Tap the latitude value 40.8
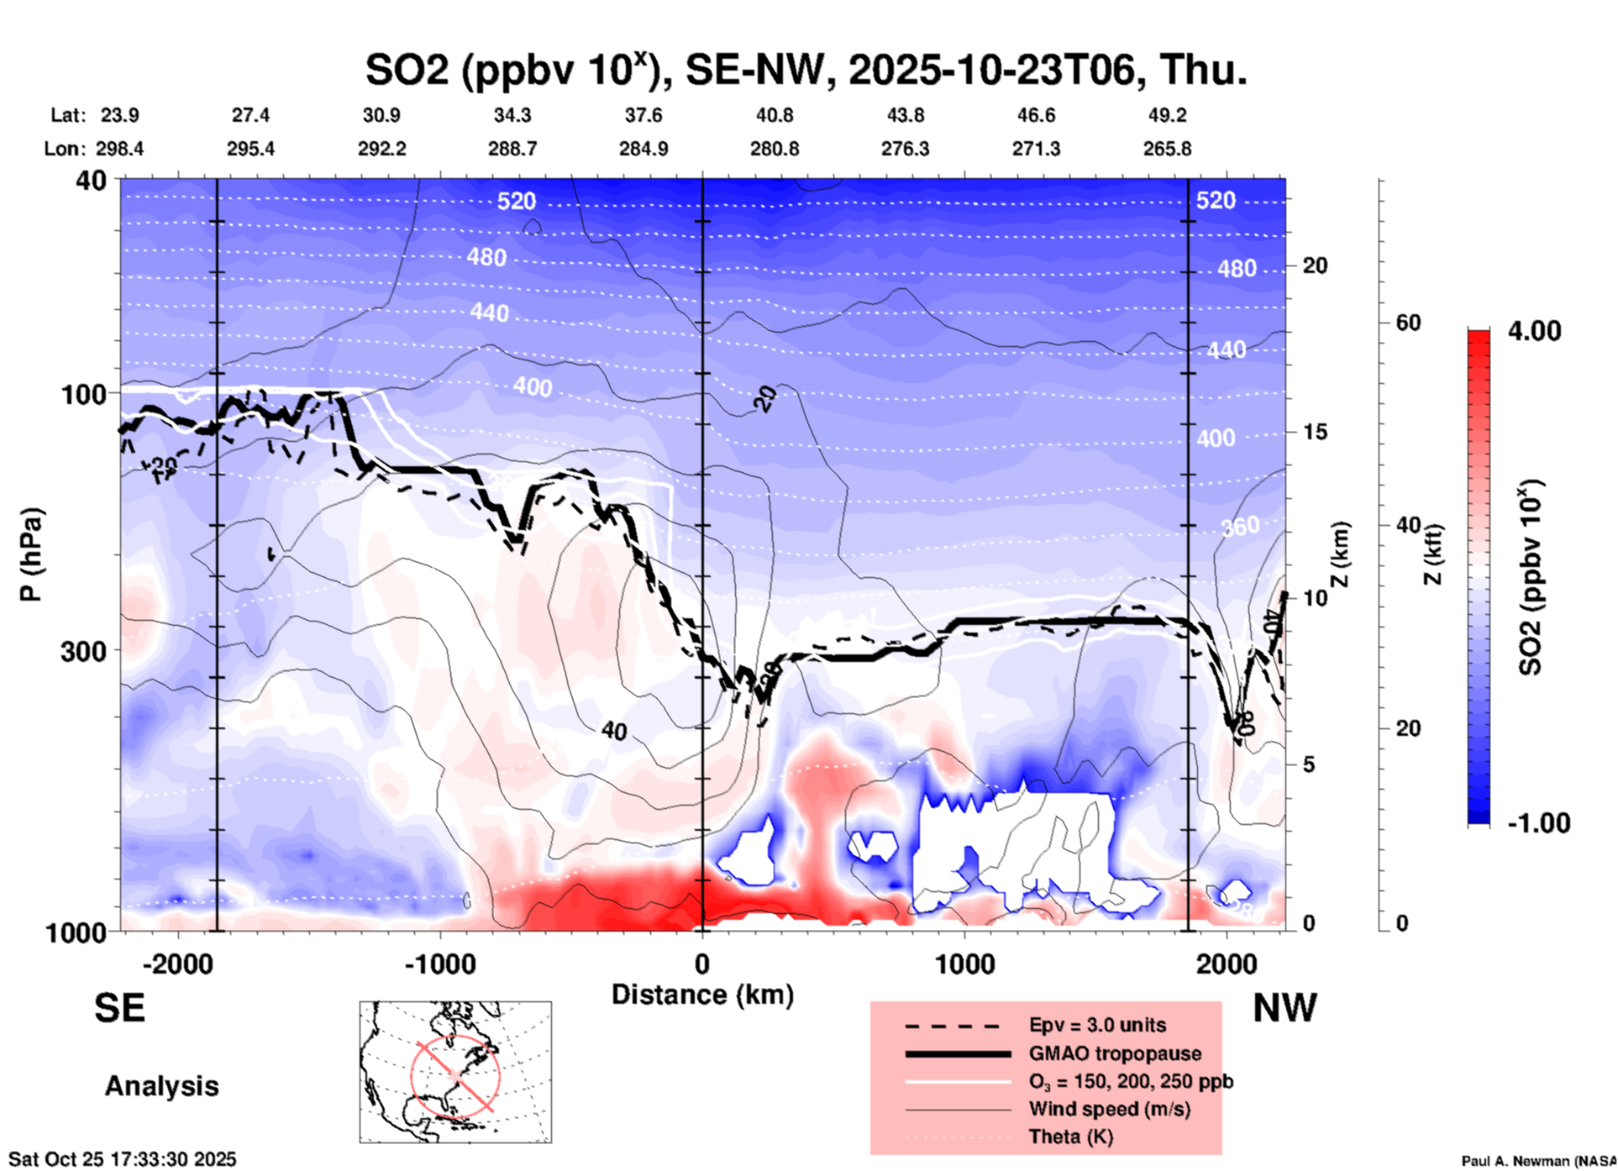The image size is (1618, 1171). (774, 115)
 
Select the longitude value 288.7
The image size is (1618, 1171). (512, 149)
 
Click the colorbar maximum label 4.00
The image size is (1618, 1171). (1534, 330)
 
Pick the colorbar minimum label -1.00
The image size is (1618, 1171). (1538, 823)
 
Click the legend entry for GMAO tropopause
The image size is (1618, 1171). (1115, 1053)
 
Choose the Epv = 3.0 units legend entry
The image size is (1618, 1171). (1097, 1025)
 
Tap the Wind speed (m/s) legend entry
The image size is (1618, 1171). (1109, 1109)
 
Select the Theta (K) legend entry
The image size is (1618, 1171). (1070, 1137)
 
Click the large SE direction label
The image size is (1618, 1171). (119, 1008)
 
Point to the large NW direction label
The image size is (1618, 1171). (1284, 1008)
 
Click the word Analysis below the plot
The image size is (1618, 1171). (161, 1086)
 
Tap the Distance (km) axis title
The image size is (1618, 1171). (702, 995)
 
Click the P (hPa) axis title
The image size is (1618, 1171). (31, 554)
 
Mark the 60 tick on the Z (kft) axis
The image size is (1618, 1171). (1408, 323)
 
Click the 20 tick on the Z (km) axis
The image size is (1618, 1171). (1315, 265)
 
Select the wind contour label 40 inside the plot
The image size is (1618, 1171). (614, 731)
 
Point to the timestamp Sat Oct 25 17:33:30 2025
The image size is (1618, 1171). (123, 1159)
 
